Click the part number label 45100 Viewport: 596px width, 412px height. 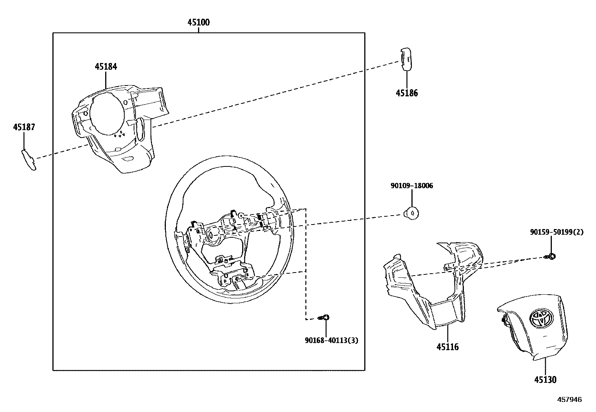198,22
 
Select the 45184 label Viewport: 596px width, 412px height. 106,67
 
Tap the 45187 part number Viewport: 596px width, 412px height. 24,127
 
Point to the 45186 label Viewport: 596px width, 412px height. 407,93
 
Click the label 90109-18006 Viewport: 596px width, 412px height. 411,186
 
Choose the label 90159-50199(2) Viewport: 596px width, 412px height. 556,232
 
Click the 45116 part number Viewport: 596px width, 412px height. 447,347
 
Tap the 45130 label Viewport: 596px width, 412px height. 545,380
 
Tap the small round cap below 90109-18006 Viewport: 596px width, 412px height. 411,213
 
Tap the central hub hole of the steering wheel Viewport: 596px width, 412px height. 212,235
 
